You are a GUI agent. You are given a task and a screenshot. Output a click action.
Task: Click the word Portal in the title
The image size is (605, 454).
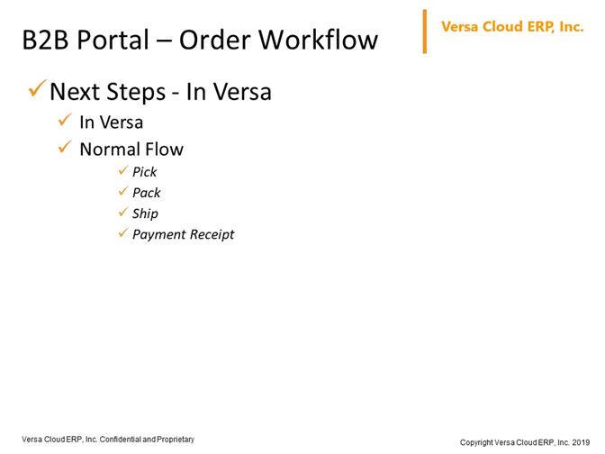click(113, 40)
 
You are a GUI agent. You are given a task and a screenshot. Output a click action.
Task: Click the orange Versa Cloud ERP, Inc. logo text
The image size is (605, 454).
click(512, 27)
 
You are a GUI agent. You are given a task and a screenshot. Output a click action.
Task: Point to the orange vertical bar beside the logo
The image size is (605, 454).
click(425, 32)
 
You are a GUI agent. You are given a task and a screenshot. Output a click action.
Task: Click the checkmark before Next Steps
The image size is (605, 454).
click(38, 88)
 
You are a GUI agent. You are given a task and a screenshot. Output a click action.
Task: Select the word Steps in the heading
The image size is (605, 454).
click(135, 93)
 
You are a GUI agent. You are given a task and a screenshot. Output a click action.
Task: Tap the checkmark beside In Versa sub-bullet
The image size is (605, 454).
click(65, 120)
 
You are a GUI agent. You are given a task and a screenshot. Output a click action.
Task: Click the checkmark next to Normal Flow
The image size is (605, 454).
click(65, 147)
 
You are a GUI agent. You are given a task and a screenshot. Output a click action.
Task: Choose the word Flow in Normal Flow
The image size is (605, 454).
click(164, 149)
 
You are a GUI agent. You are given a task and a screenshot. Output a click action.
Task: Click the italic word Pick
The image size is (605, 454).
click(144, 172)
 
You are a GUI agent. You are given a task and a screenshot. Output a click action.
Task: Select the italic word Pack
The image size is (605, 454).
click(146, 193)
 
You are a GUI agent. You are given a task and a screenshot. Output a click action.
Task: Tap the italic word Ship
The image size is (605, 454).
click(145, 213)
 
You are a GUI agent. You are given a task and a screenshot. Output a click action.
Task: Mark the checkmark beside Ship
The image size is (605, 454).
click(123, 212)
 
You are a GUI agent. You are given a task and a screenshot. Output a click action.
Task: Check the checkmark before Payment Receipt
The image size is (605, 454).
click(123, 232)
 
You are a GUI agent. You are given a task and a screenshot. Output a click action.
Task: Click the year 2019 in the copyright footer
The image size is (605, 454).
click(581, 442)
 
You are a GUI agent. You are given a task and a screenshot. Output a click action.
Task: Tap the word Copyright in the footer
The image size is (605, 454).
click(476, 442)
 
